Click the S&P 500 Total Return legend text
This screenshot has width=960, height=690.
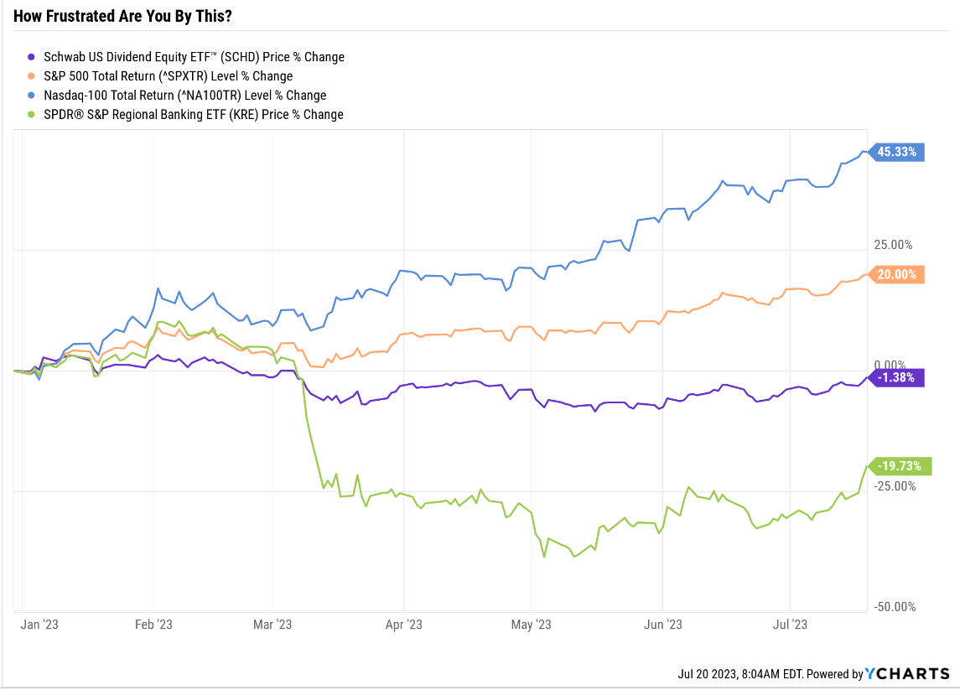click(x=168, y=76)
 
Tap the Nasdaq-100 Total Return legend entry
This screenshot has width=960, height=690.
click(x=184, y=96)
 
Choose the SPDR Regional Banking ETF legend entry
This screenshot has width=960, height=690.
click(x=193, y=115)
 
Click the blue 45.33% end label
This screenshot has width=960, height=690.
click(x=897, y=153)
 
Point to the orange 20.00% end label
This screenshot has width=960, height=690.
click(x=897, y=274)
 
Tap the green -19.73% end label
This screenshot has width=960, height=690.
click(x=897, y=466)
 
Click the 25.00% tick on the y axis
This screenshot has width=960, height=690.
click(x=893, y=245)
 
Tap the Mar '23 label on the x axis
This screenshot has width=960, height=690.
click(x=273, y=625)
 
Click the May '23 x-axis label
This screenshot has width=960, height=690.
click(x=532, y=625)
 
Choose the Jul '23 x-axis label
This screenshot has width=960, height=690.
click(x=790, y=625)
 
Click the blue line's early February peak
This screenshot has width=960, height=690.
click(x=158, y=289)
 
